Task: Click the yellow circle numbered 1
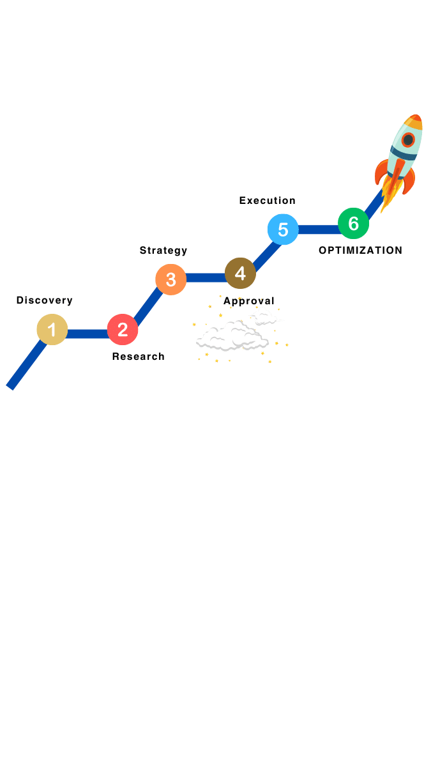(x=52, y=330)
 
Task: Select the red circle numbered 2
(x=123, y=330)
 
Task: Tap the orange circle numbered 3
(x=170, y=279)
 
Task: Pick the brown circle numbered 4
(x=240, y=274)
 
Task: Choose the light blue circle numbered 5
(x=283, y=229)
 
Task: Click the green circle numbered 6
(x=353, y=224)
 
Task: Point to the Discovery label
(x=44, y=300)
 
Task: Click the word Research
(x=138, y=357)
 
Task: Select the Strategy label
(x=163, y=251)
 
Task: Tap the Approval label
(x=248, y=300)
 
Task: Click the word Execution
(x=267, y=201)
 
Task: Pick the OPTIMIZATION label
(x=360, y=251)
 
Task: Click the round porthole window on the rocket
(x=407, y=140)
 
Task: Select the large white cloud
(x=231, y=337)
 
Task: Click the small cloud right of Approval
(x=264, y=316)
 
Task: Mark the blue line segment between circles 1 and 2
(x=87, y=333)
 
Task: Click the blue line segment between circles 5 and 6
(x=318, y=229)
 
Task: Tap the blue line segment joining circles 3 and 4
(x=205, y=278)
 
